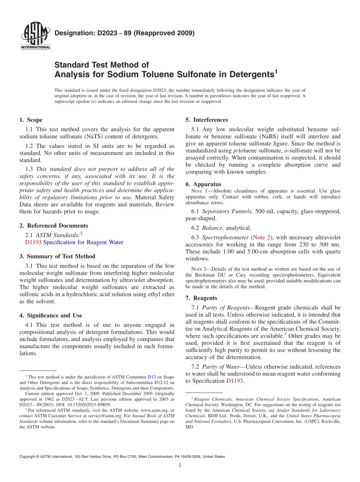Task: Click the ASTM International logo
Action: click(x=35, y=36)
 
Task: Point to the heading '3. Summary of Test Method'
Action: click(x=57, y=256)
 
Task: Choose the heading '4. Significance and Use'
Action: click(x=50, y=315)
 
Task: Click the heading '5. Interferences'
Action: click(x=207, y=120)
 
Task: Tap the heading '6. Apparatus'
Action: click(x=203, y=184)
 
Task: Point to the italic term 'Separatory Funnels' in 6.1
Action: click(x=225, y=211)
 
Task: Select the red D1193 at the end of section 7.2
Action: click(x=234, y=381)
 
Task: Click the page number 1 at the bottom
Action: click(x=180, y=466)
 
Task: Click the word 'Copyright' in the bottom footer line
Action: click(x=28, y=457)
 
